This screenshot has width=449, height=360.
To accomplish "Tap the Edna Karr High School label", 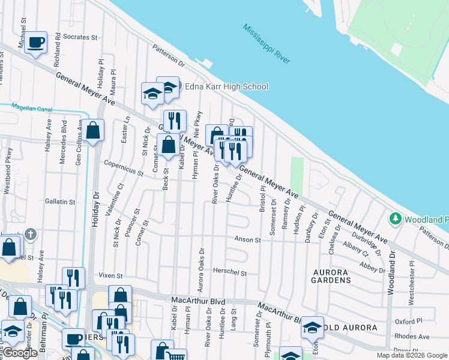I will click(x=226, y=86).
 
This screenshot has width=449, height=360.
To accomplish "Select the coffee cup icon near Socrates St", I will click(x=35, y=42).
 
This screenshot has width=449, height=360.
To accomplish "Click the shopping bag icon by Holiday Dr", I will click(x=93, y=130).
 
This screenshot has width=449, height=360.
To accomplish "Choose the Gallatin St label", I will click(x=61, y=202).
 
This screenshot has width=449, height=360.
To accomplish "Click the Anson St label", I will click(x=247, y=239).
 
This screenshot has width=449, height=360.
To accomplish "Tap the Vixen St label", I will click(x=110, y=275).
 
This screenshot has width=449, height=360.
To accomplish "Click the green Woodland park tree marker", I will click(x=395, y=218).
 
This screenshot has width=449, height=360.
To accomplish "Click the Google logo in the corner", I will click(x=20, y=353).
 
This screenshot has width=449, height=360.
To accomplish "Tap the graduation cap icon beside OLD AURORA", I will click(x=312, y=327).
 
